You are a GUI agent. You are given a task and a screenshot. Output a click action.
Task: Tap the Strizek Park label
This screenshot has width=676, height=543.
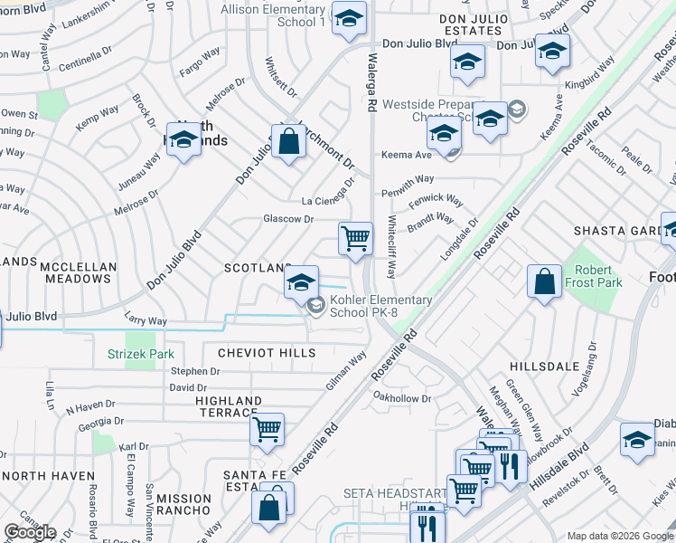click(x=141, y=354)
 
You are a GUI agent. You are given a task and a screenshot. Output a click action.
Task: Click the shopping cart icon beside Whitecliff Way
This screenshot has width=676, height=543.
click(x=356, y=239)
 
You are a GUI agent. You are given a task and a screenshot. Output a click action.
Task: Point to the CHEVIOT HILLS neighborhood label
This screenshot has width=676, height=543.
click(x=260, y=352)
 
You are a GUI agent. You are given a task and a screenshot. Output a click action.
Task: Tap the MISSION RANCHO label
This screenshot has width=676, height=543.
click(x=183, y=499)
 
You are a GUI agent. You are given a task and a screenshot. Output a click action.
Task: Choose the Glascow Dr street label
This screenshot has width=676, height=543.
click(x=287, y=219)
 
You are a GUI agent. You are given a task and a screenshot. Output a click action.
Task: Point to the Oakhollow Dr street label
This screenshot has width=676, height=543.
click(x=402, y=397)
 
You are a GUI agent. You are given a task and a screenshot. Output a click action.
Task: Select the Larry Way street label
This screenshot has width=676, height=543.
click(x=146, y=320)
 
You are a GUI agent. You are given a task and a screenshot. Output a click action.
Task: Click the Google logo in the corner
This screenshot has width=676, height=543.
click(x=30, y=532)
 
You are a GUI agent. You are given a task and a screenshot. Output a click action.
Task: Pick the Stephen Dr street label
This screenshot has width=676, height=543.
click(x=195, y=371)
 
